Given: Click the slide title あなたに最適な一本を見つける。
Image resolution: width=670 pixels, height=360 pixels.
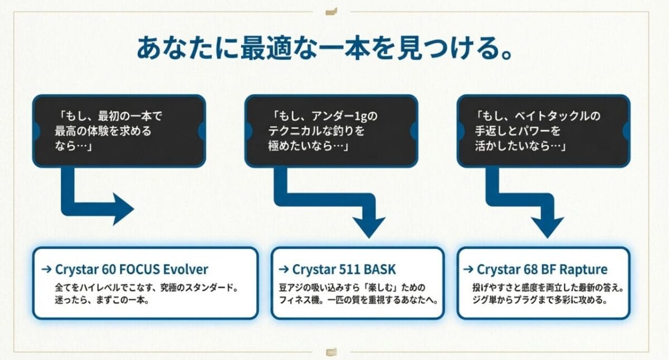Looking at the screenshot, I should click(324, 49).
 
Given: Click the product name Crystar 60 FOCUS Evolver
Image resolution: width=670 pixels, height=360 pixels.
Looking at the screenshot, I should click(131, 270).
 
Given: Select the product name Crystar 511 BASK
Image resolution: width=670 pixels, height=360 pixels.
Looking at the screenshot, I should click(343, 270).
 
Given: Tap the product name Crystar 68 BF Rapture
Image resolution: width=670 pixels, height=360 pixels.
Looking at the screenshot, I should click(542, 270).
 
